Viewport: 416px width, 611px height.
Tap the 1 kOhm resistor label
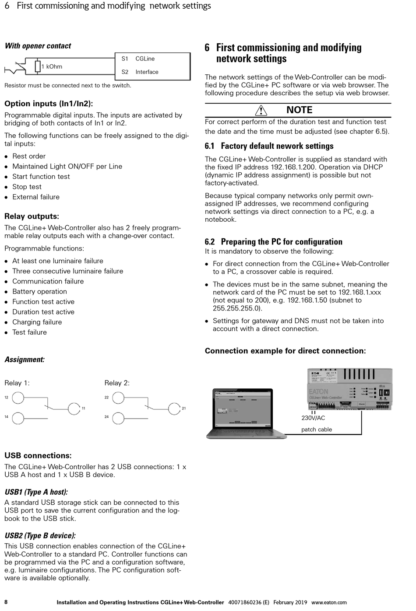[52, 66]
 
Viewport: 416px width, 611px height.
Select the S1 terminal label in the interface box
[125, 59]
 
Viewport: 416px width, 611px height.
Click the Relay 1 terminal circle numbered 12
[18, 398]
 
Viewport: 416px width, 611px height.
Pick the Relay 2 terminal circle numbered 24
[118, 418]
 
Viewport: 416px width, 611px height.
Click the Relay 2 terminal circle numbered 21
[174, 408]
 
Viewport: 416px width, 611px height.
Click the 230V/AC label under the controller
[313, 418]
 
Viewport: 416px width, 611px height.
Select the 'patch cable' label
[317, 429]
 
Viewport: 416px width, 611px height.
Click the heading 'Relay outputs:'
[32, 216]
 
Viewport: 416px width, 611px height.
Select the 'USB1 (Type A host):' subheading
[36, 492]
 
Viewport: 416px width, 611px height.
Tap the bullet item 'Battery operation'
[39, 291]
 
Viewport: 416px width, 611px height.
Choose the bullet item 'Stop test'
[27, 187]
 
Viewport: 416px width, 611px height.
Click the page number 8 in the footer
[6, 602]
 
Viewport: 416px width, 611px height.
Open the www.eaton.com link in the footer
[329, 602]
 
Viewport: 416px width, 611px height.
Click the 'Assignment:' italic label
[25, 360]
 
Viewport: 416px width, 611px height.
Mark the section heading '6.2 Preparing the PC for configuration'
[274, 242]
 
